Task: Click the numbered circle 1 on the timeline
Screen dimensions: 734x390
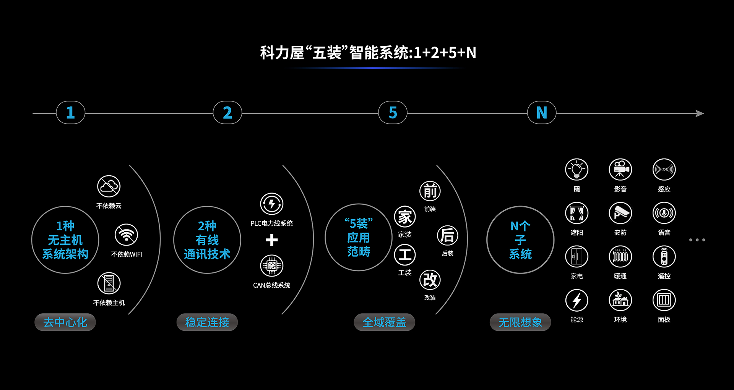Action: (70, 113)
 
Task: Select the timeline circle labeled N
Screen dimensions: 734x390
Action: (541, 113)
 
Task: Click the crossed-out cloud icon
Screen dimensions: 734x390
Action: (109, 186)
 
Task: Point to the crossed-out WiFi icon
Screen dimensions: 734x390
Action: (126, 235)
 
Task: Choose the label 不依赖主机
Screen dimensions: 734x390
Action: (109, 303)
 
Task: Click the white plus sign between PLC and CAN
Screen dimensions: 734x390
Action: (272, 240)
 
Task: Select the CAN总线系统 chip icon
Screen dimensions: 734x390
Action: (272, 265)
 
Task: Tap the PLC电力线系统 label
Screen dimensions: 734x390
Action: (272, 223)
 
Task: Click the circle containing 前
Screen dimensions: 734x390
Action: (430, 191)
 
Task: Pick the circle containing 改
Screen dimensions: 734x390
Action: (430, 280)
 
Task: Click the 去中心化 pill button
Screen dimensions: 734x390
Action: (65, 322)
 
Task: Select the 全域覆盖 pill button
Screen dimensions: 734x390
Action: (384, 322)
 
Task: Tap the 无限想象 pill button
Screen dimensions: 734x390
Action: (520, 322)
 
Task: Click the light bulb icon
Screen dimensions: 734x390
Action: (576, 170)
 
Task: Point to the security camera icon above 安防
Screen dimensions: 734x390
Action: (620, 213)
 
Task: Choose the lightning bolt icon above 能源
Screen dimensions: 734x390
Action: (576, 300)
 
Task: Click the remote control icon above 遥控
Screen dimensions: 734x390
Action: (664, 257)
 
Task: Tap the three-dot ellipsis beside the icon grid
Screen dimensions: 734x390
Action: (697, 240)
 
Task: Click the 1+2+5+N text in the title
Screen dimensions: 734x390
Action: (445, 53)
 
